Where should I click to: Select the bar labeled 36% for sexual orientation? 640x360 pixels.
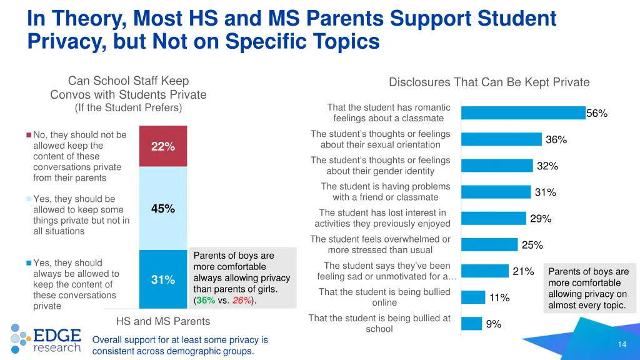pos(501,139)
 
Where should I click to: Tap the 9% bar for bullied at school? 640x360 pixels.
pos(472,324)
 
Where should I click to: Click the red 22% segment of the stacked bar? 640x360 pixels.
pos(162,146)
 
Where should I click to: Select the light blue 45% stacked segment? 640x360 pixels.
pos(162,208)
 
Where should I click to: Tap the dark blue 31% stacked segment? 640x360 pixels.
pos(162,279)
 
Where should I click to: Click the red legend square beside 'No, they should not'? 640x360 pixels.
pos(29,135)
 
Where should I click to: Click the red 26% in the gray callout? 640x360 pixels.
pos(241,300)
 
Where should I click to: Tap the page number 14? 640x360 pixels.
pos(621,344)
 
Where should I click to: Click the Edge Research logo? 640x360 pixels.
pos(46,338)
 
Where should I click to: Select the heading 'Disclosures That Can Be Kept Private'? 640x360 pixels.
pos(489,82)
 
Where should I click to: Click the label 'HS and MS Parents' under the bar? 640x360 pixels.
pos(163,321)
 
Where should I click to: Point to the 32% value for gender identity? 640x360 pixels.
pos(547,166)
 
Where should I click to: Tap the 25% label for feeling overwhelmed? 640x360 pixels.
pos(532,245)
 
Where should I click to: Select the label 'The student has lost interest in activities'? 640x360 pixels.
pos(382,218)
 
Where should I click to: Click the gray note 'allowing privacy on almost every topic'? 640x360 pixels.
pos(587,300)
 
